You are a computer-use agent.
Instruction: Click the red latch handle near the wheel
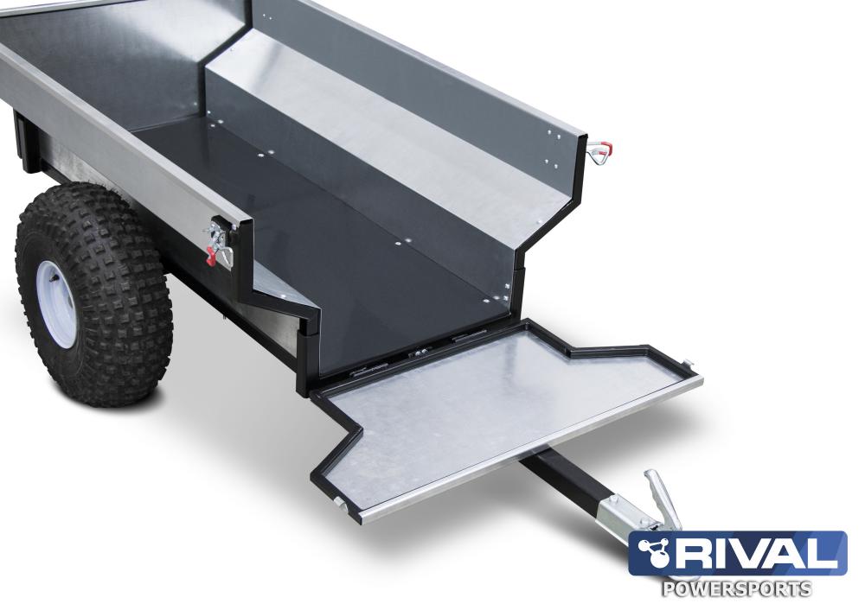(211, 255)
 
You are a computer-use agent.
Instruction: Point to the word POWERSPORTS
(736, 588)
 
